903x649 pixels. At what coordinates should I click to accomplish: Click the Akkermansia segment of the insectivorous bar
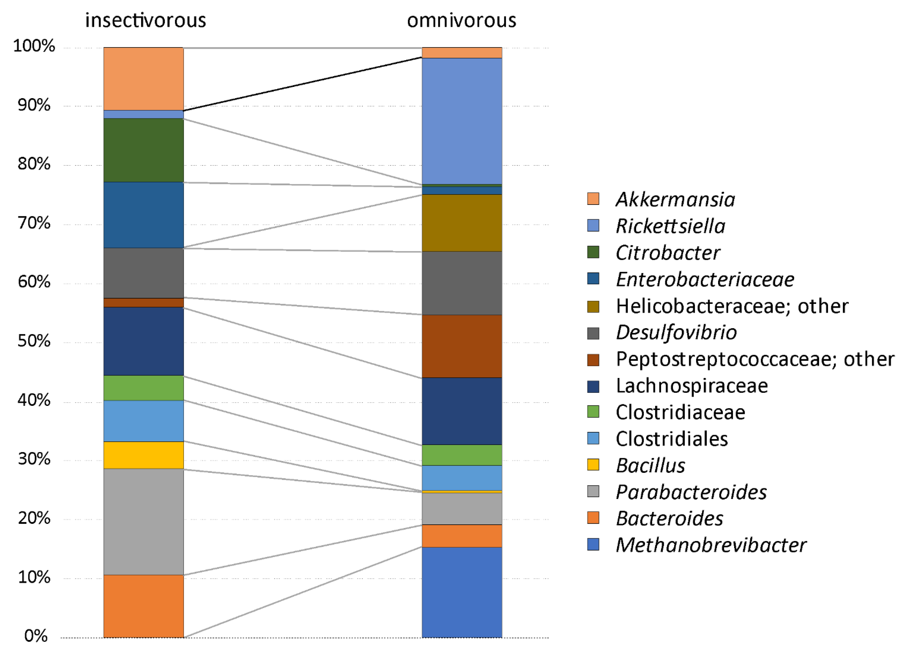point(143,78)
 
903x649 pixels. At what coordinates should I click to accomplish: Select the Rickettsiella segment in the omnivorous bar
point(462,121)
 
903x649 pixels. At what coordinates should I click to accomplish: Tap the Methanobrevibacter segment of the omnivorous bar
point(462,592)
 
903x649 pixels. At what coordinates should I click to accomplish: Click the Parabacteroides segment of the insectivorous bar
point(143,522)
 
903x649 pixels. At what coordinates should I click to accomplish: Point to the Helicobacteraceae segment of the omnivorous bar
point(462,223)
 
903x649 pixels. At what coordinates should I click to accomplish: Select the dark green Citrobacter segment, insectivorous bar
point(143,150)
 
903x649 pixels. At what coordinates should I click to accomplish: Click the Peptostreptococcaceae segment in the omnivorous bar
point(462,346)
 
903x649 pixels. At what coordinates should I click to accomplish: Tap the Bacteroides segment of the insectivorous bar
point(143,606)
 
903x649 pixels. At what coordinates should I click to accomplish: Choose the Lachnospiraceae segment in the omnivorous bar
point(462,411)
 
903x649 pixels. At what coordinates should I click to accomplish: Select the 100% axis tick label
point(34,46)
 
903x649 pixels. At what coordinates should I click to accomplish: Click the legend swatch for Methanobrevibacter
point(593,544)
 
